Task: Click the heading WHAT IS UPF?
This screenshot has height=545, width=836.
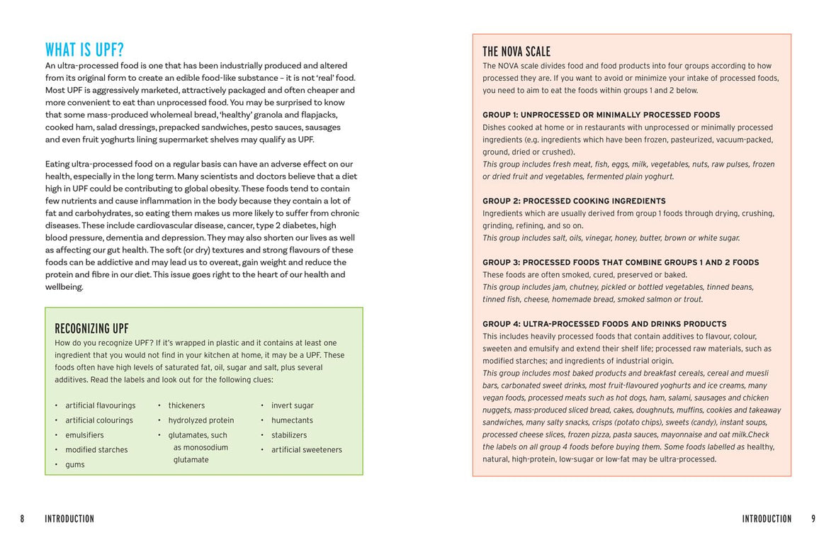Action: tap(84, 50)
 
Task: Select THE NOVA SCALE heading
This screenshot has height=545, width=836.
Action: tap(516, 52)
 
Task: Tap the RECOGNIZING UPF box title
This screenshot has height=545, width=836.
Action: tap(91, 329)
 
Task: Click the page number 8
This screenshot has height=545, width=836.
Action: tap(22, 519)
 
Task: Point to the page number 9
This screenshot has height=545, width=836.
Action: tap(813, 519)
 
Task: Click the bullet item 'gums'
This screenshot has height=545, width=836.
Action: tap(74, 465)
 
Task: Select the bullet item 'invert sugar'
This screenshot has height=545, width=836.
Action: tap(292, 405)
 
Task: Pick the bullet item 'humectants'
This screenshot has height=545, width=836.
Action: tap(292, 420)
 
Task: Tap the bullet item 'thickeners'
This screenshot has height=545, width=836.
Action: tap(186, 405)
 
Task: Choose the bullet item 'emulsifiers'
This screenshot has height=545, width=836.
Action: tap(84, 435)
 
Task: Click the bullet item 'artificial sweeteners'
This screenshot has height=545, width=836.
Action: tap(306, 450)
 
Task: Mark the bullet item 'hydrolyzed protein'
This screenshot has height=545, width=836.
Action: tap(200, 420)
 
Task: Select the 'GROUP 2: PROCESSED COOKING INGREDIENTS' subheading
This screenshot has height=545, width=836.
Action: tap(574, 201)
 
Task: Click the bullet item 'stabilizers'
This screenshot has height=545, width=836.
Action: tap(289, 435)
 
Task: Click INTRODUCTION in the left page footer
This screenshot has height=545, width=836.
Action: tap(69, 519)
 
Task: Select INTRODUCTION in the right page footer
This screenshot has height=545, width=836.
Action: tap(767, 519)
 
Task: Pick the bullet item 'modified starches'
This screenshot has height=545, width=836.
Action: tap(96, 450)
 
